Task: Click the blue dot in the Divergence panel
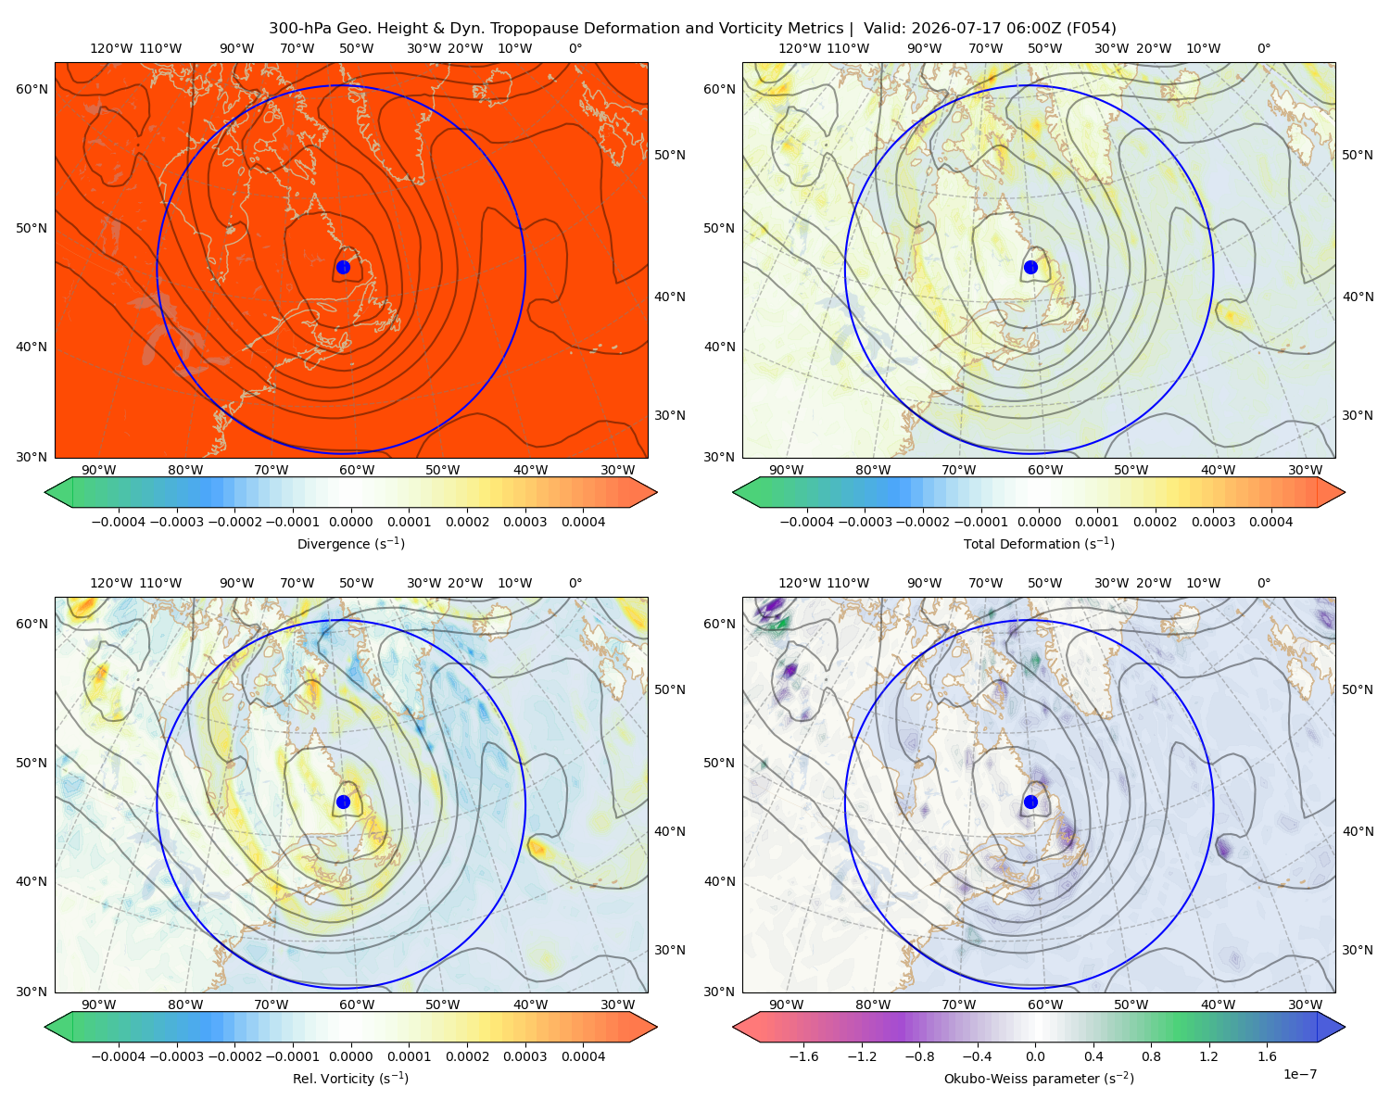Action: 343,267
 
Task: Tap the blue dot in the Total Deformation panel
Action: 1030,267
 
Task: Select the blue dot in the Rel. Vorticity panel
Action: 343,802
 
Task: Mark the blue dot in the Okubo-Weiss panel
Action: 1030,802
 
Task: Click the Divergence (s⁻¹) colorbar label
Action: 350,543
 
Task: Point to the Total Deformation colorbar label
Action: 1039,543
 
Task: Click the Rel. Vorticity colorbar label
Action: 350,1078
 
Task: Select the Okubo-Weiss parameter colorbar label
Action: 1039,1078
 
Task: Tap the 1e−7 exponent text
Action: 1299,1073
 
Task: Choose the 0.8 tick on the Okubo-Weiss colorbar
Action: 1151,1055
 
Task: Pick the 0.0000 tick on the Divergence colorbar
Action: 350,522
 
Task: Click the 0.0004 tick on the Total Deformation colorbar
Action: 1270,522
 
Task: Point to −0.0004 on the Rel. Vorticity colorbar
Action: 119,1055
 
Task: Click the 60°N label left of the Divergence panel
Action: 32,89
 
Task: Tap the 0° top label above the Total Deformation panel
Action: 1263,48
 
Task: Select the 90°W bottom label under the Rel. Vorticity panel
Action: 99,1005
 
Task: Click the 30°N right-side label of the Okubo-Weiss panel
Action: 1357,949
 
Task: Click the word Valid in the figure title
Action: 881,29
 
